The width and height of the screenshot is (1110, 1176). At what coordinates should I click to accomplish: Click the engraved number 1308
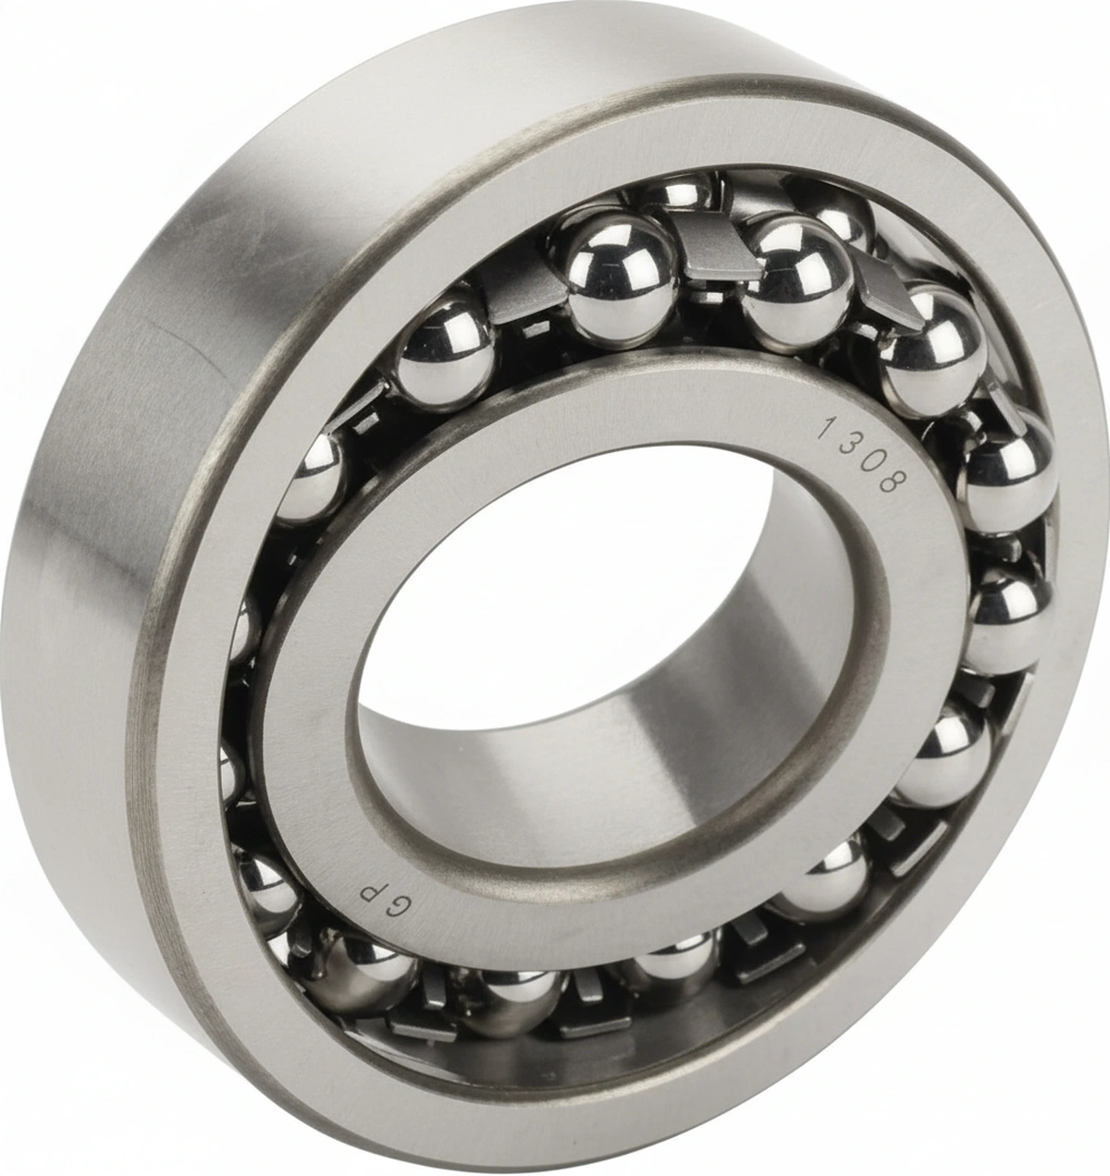pos(863,455)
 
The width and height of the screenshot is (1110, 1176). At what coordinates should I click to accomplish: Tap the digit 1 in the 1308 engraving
pos(826,426)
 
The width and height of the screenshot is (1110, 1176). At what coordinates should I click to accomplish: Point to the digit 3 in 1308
pos(850,444)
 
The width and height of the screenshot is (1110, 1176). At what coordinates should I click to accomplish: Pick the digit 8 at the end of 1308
pos(894,481)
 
